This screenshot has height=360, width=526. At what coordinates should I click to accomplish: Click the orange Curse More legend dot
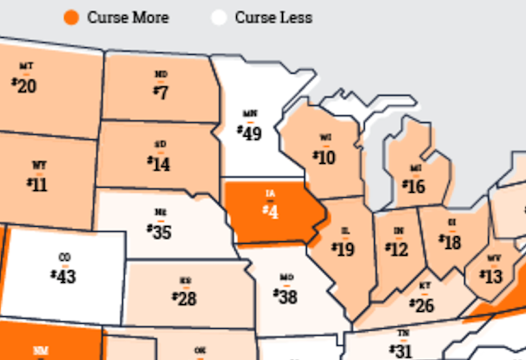pos(71,17)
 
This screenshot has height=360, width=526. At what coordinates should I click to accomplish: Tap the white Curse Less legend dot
pos(219,17)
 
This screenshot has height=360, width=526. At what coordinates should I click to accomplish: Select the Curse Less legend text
pos(273,17)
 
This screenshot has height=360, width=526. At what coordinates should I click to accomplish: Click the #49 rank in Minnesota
pos(249,132)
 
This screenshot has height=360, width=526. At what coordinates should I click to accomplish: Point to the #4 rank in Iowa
pos(271,211)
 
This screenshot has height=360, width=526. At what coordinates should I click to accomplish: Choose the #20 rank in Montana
pos(24,86)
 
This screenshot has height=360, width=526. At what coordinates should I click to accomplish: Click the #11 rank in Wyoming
pos(37,184)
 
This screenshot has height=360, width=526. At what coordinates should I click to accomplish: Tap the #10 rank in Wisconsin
pos(324,157)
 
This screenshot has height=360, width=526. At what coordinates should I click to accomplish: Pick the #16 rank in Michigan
pos(414,187)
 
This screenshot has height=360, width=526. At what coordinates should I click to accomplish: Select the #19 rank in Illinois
pos(343,248)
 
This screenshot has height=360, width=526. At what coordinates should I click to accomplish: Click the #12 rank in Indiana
pos(397,249)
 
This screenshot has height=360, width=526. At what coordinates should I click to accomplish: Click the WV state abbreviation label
pos(494,258)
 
